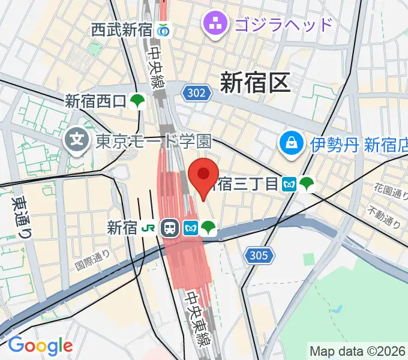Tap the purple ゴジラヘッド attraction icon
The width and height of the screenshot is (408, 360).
(214, 25)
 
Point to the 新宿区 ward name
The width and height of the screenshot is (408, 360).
(255, 82)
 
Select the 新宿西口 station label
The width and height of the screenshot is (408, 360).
(96, 100)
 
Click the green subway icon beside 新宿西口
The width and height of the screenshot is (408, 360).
(138, 100)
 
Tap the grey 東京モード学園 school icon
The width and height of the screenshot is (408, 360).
(77, 142)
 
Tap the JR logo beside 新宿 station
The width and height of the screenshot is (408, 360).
(148, 228)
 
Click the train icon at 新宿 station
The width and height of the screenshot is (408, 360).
(170, 228)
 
